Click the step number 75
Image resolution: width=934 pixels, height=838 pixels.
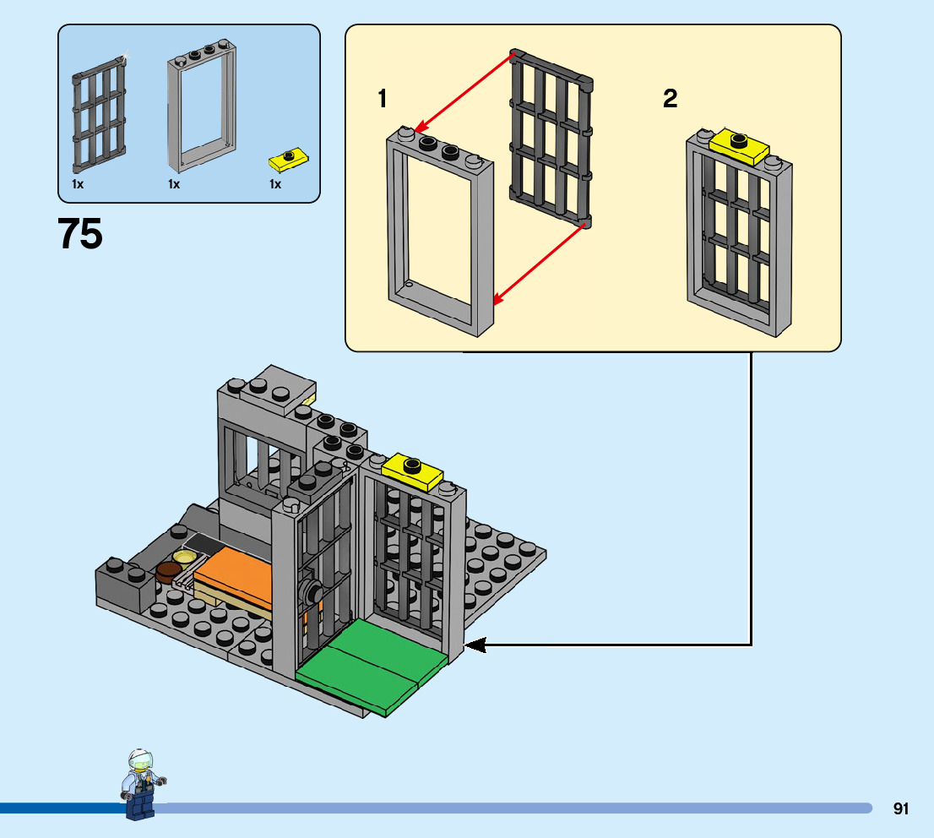81,234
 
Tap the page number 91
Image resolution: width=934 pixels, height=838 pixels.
901,808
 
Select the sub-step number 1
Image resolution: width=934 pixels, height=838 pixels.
383,100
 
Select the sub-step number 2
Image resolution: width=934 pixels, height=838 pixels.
670,100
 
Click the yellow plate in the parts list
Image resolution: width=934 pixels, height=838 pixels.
288,158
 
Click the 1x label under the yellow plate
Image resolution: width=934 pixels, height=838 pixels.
275,183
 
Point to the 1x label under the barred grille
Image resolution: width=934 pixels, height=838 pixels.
78,183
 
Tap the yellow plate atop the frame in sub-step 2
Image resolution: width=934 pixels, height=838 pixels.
740,145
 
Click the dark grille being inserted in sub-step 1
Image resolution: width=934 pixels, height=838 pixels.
550,139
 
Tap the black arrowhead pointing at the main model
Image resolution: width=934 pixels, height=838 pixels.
475,645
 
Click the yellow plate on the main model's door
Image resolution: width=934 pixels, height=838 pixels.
414,470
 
